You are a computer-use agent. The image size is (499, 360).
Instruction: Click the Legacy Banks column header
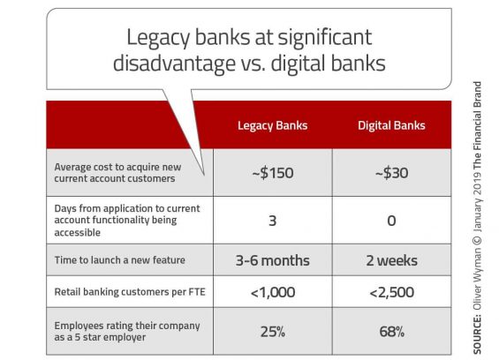pyautogui.click(x=272, y=125)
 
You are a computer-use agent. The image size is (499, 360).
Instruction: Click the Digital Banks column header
pyautogui.click(x=391, y=125)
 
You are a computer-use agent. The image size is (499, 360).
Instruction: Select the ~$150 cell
pyautogui.click(x=273, y=173)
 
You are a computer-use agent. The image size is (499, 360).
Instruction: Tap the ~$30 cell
pyautogui.click(x=391, y=173)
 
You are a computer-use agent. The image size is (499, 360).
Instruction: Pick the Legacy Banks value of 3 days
pyautogui.click(x=272, y=221)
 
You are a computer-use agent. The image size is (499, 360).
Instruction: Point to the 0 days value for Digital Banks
pyautogui.click(x=391, y=221)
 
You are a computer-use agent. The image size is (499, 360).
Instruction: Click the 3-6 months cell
pyautogui.click(x=272, y=260)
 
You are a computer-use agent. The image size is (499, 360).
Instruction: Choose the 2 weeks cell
pyautogui.click(x=391, y=260)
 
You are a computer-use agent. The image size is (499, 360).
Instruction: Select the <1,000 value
pyautogui.click(x=273, y=292)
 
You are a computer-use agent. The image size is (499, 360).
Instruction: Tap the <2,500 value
pyautogui.click(x=392, y=292)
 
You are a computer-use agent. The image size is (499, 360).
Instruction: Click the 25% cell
pyautogui.click(x=273, y=332)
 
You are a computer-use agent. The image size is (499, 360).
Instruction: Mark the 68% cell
pyautogui.click(x=392, y=332)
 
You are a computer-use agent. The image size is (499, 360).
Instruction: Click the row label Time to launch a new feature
pyautogui.click(x=119, y=259)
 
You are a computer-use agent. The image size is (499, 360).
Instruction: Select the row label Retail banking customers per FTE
pyautogui.click(x=130, y=292)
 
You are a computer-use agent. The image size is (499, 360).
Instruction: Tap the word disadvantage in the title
pyautogui.click(x=174, y=63)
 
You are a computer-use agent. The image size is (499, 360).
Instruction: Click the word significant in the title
pyautogui.click(x=325, y=38)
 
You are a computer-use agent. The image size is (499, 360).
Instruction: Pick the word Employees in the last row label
pyautogui.click(x=79, y=326)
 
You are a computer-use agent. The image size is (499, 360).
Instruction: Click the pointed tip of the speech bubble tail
pyautogui.click(x=204, y=175)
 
